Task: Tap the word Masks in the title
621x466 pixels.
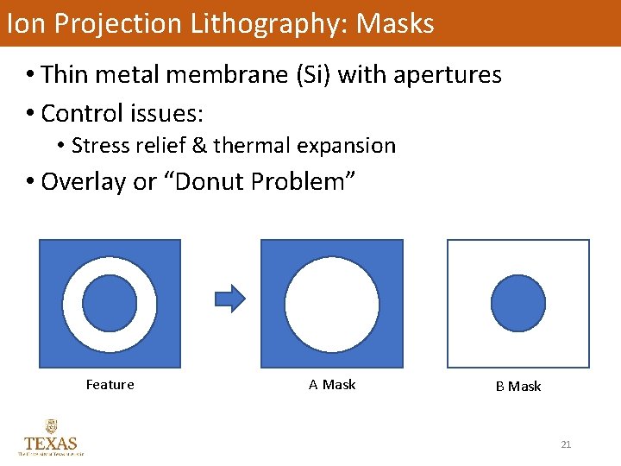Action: (395, 23)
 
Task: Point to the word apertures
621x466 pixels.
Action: (447, 75)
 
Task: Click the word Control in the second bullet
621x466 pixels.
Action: (80, 112)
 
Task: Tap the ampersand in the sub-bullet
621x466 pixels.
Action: (199, 145)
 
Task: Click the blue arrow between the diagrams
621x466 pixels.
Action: (229, 299)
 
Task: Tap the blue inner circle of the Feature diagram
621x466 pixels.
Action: (110, 303)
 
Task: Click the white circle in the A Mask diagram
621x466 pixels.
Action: (332, 303)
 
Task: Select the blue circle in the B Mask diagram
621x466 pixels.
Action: (518, 303)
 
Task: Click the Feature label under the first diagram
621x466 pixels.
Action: (110, 385)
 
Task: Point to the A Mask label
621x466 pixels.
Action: (332, 385)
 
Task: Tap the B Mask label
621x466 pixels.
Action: (518, 387)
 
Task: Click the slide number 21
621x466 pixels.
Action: (566, 444)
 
